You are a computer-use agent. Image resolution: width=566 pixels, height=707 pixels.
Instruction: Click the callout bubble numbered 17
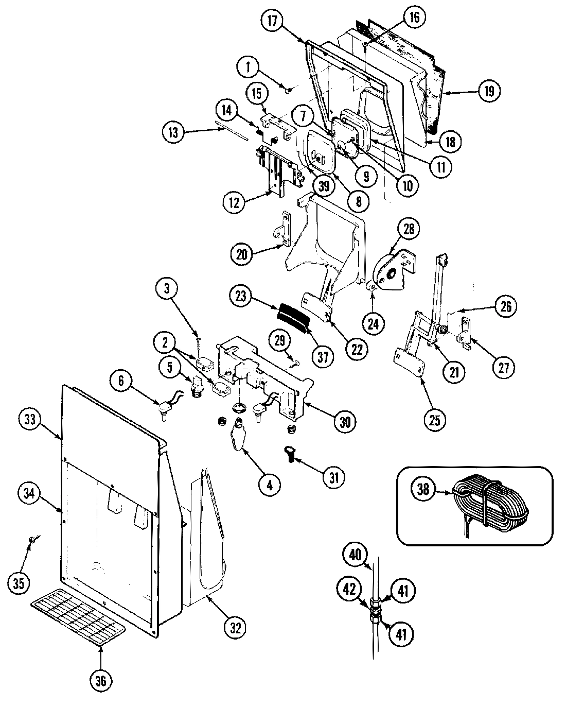(273, 21)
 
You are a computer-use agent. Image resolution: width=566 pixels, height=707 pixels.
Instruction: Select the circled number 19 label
(488, 91)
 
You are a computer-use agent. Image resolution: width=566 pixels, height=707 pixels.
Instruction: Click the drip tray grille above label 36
(78, 616)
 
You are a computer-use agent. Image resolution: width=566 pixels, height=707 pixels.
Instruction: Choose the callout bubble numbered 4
(270, 484)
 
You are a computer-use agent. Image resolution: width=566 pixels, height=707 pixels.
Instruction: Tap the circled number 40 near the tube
(356, 556)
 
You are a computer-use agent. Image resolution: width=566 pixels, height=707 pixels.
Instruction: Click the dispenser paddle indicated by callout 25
(410, 363)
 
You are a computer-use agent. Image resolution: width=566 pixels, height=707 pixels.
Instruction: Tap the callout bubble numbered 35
(19, 583)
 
